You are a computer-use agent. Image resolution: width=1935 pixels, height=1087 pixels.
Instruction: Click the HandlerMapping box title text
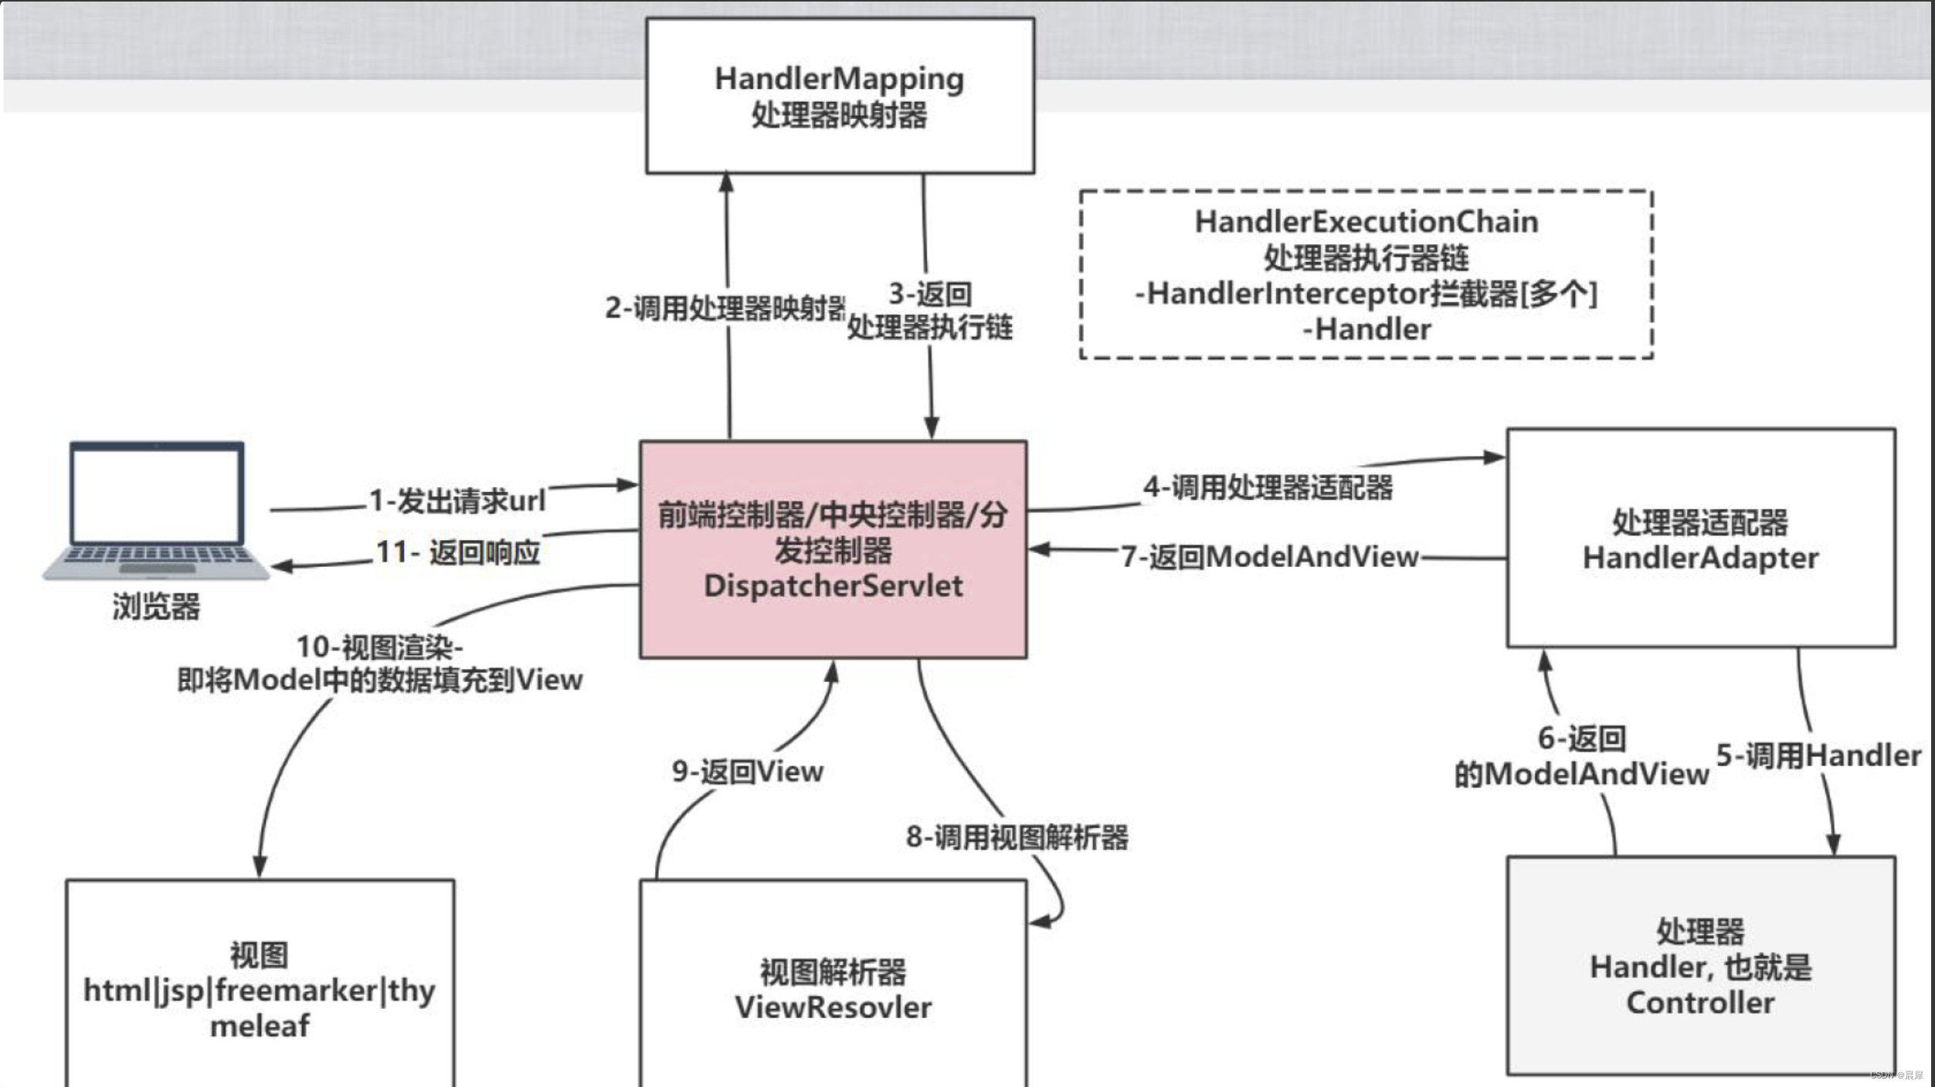click(x=839, y=79)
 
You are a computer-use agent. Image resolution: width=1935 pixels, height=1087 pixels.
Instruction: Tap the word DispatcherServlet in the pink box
click(x=833, y=586)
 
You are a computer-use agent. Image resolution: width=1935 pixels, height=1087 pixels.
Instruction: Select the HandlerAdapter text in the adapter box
click(x=1700, y=558)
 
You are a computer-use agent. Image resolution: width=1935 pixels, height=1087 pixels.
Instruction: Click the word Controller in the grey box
click(x=1700, y=1003)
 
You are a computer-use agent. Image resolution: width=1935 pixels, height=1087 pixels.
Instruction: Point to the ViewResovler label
click(x=833, y=1007)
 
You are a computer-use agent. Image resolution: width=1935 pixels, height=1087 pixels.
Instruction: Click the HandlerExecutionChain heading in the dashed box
click(x=1366, y=222)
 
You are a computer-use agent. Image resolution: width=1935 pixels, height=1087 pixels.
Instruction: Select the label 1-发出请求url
click(x=457, y=501)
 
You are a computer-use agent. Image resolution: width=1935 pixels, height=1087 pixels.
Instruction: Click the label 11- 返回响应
click(x=457, y=552)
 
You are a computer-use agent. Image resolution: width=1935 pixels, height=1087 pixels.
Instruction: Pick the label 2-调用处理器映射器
click(x=725, y=307)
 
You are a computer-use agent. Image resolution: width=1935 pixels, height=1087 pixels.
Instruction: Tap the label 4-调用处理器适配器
click(x=1268, y=487)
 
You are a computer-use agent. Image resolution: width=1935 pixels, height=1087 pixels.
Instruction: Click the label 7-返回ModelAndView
click(x=1269, y=556)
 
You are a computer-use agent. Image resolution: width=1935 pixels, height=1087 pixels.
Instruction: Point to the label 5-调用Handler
click(x=1818, y=755)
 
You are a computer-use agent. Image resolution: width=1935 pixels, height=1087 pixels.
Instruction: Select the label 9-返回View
click(x=747, y=771)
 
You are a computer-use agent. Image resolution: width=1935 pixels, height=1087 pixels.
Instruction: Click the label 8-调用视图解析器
click(x=1017, y=837)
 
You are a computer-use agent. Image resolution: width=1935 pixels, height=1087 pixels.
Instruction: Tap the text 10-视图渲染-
click(x=379, y=647)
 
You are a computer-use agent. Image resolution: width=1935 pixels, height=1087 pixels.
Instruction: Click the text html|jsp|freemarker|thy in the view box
click(x=260, y=990)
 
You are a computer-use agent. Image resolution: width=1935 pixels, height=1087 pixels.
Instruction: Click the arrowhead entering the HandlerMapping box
click(x=726, y=182)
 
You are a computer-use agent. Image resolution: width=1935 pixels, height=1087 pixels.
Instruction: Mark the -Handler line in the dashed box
click(x=1366, y=329)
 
